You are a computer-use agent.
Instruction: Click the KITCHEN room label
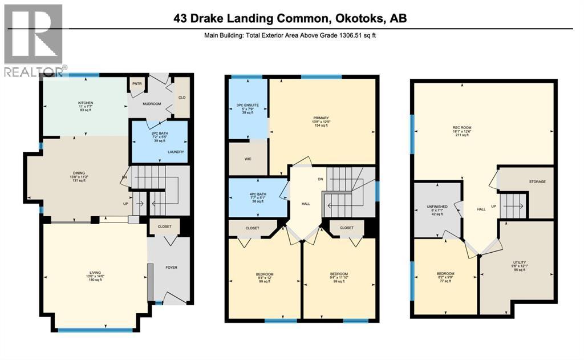coord(86,103)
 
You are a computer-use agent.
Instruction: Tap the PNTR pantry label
coord(137,83)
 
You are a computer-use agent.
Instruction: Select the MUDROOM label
coord(152,104)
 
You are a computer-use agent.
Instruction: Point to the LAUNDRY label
coord(175,152)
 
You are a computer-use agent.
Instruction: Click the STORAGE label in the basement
coord(537,181)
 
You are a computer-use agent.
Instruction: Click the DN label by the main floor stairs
coord(124,177)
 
